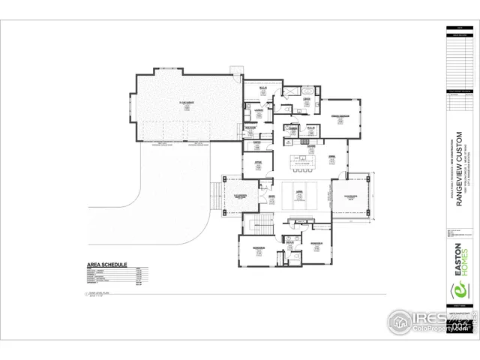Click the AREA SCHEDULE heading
pos(106,265)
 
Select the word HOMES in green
pos(464,262)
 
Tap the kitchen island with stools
pos(307,160)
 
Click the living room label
pos(298,193)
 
